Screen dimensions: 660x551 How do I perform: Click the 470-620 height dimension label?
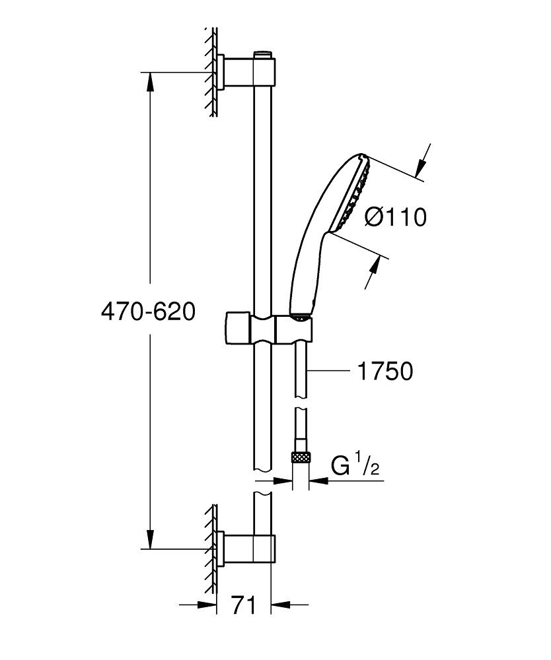click(147, 312)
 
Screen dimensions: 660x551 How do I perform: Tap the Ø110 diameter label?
click(395, 216)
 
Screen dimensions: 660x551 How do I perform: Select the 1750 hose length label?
click(385, 371)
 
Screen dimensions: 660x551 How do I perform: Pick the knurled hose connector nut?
click(301, 457)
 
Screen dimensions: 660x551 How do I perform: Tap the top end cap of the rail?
click(263, 52)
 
